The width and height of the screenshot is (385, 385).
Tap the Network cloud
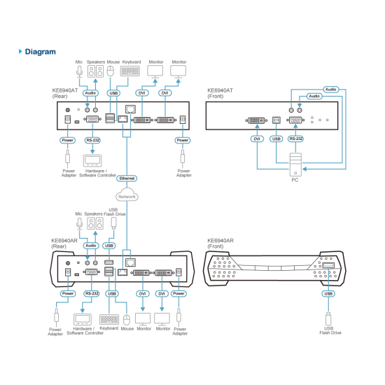point(127,195)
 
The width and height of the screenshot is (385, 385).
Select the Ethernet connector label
point(127,178)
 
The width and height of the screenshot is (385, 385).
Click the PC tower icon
point(295,164)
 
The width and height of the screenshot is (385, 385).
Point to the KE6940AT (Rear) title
point(65,93)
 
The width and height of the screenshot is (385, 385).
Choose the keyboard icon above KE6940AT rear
point(130,71)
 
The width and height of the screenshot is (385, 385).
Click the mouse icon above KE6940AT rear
point(111,71)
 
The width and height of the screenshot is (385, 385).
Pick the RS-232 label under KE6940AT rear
point(92,140)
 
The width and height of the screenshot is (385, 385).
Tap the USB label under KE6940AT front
point(276,139)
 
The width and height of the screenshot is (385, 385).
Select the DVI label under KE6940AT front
point(257,139)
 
